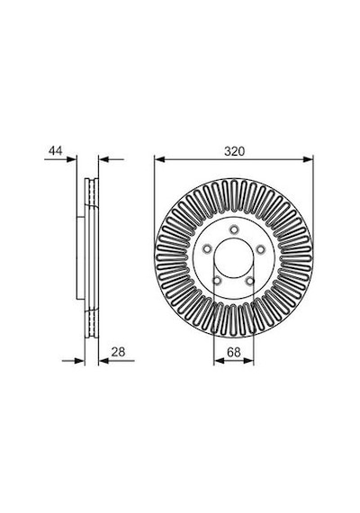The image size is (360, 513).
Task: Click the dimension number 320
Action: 234,151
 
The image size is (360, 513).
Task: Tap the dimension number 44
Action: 55,151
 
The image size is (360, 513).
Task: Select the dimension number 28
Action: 118,352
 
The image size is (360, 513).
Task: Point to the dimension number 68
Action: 234,353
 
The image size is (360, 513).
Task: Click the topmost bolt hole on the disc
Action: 233,229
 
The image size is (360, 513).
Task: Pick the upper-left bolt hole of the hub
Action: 207,249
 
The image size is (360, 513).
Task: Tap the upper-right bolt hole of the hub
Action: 260,249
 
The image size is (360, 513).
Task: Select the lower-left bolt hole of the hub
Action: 217,281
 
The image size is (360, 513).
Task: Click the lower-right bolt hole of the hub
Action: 250,281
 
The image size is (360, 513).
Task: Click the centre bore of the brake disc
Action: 234,258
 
